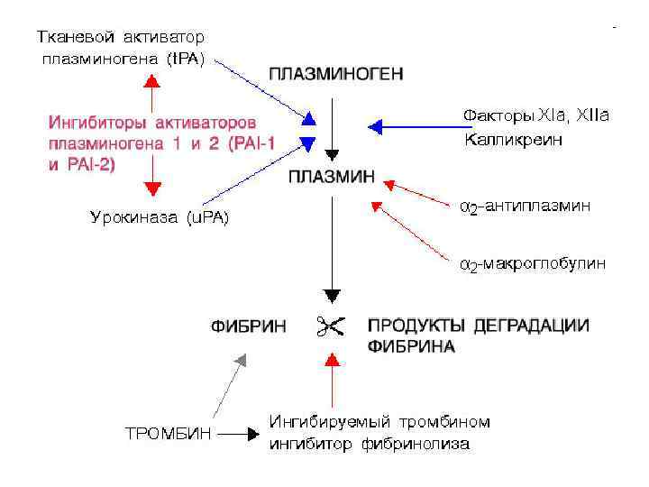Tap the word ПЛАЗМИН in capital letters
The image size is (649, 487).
click(x=332, y=177)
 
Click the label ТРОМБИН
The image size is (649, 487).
click(x=169, y=434)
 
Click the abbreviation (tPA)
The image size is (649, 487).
click(x=186, y=60)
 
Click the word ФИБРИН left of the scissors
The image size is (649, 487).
click(x=250, y=326)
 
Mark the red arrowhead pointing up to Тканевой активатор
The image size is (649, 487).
click(x=151, y=80)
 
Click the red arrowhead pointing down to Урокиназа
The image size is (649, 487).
click(x=151, y=188)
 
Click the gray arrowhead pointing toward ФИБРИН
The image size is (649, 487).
click(x=240, y=358)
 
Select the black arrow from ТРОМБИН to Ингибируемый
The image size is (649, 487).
click(x=238, y=434)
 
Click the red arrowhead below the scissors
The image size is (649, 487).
click(x=333, y=360)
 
